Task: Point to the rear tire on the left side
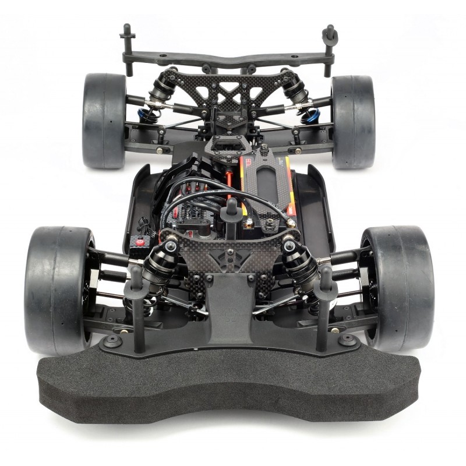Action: click(x=104, y=119)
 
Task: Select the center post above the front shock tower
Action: click(x=231, y=210)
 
